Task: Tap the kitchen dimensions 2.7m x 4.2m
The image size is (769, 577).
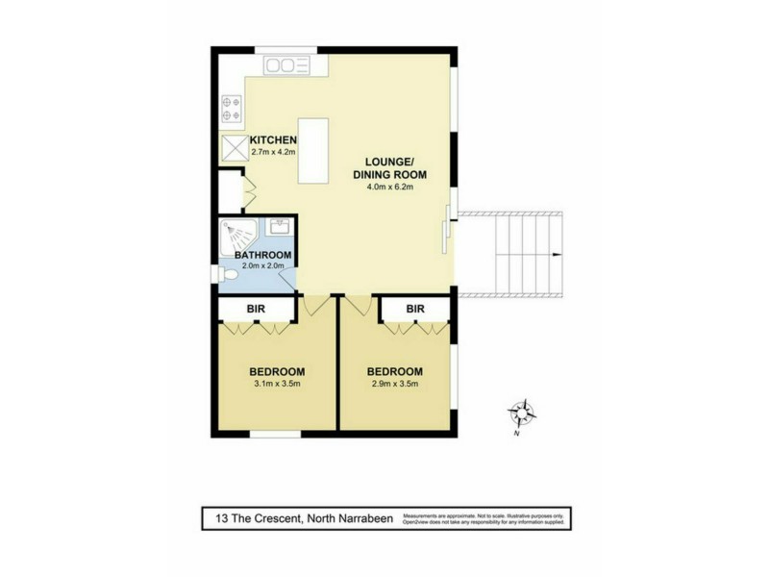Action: click(271, 152)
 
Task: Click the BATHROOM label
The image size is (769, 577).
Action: click(256, 255)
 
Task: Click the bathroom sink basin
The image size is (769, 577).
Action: click(281, 227)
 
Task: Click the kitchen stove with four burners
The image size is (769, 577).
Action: click(231, 106)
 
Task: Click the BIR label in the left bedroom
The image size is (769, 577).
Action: click(256, 309)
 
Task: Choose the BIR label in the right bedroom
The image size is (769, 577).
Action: click(415, 309)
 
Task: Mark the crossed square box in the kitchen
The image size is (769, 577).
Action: click(235, 147)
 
